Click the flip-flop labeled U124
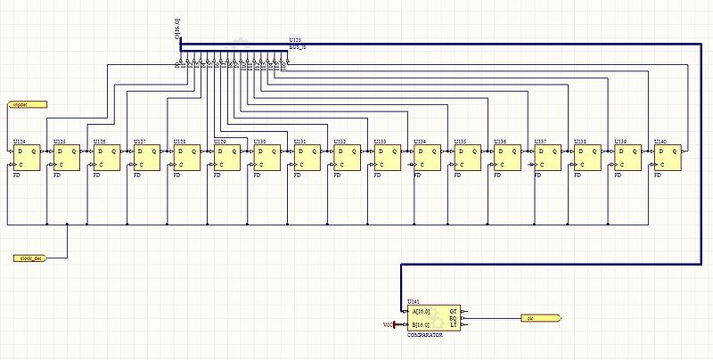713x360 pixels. [26, 158]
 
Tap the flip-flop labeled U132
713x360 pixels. [347, 158]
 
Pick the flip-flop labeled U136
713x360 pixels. [507, 158]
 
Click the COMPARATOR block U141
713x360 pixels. [433, 317]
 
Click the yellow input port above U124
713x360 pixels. [27, 104]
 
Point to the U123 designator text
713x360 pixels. [295, 40]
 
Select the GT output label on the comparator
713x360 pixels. [453, 311]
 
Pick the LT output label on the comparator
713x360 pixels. [453, 324]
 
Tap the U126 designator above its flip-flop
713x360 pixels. [100, 142]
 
